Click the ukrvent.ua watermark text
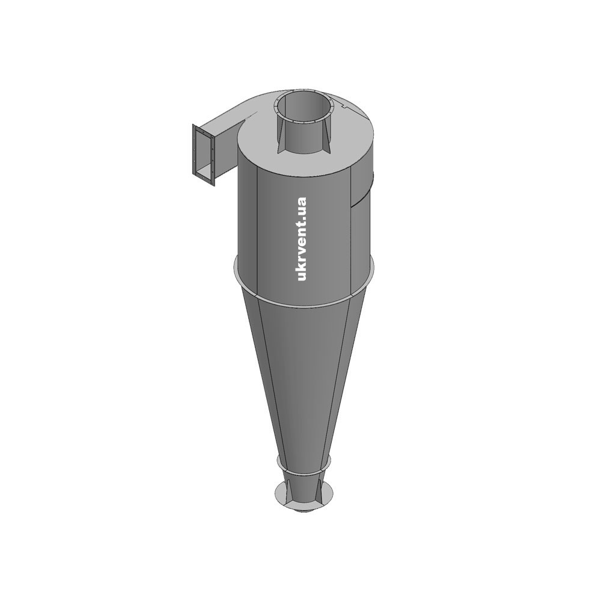tap(302, 239)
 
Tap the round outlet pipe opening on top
tap(303, 105)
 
